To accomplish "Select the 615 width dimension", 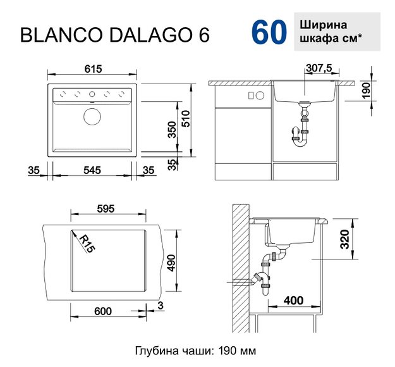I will [x=93, y=68].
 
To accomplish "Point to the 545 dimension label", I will [x=93, y=170].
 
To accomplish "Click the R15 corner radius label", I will [x=87, y=243].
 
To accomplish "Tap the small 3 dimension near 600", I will [x=162, y=307].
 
